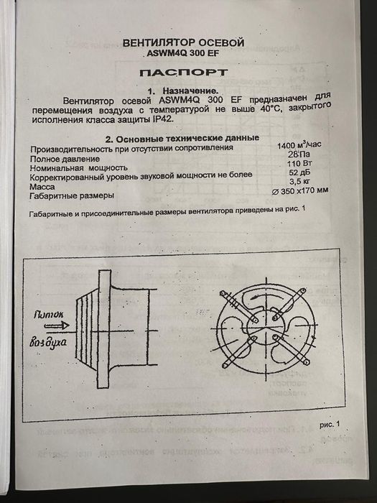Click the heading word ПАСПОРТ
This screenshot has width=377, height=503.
pos(183,73)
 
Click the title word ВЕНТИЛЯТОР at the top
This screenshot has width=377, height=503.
pos(157,42)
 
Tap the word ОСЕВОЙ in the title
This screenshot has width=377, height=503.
pos(219,42)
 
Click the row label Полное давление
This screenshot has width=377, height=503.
pos(65,157)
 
